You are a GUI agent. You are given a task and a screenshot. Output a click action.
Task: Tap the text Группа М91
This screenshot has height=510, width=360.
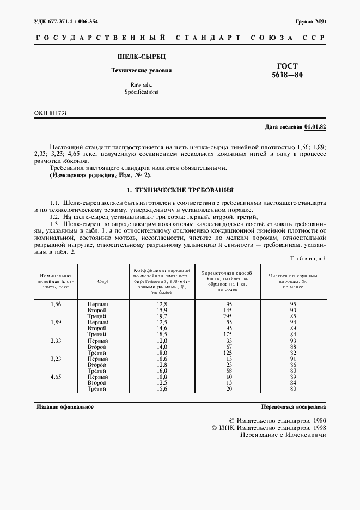pyautogui.click(x=310, y=22)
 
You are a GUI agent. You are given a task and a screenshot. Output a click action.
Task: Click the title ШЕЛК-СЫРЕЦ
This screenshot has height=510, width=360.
pyautogui.click(x=141, y=56)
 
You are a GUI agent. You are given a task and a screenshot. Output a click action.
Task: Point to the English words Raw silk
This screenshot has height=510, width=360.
pyautogui.click(x=141, y=84)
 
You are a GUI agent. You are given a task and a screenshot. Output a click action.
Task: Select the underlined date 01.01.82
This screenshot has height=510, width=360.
pyautogui.click(x=315, y=127)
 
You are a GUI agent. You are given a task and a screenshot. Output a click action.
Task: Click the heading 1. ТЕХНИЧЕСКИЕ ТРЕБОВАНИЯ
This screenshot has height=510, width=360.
pyautogui.click(x=180, y=191)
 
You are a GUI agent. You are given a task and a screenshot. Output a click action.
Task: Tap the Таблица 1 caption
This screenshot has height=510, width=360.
pyautogui.click(x=308, y=258)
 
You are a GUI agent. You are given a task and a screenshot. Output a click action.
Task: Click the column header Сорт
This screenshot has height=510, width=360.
pyautogui.click(x=103, y=281)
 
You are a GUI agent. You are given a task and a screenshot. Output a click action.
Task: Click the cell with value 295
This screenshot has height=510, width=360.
pyautogui.click(x=229, y=317)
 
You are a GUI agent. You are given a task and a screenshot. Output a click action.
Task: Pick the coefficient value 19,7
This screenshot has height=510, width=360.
pyautogui.click(x=161, y=317)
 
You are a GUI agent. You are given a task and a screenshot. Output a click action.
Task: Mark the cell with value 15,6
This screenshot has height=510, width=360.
pyautogui.click(x=161, y=389)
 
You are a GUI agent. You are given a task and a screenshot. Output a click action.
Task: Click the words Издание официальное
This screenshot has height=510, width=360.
pyautogui.click(x=65, y=407)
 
